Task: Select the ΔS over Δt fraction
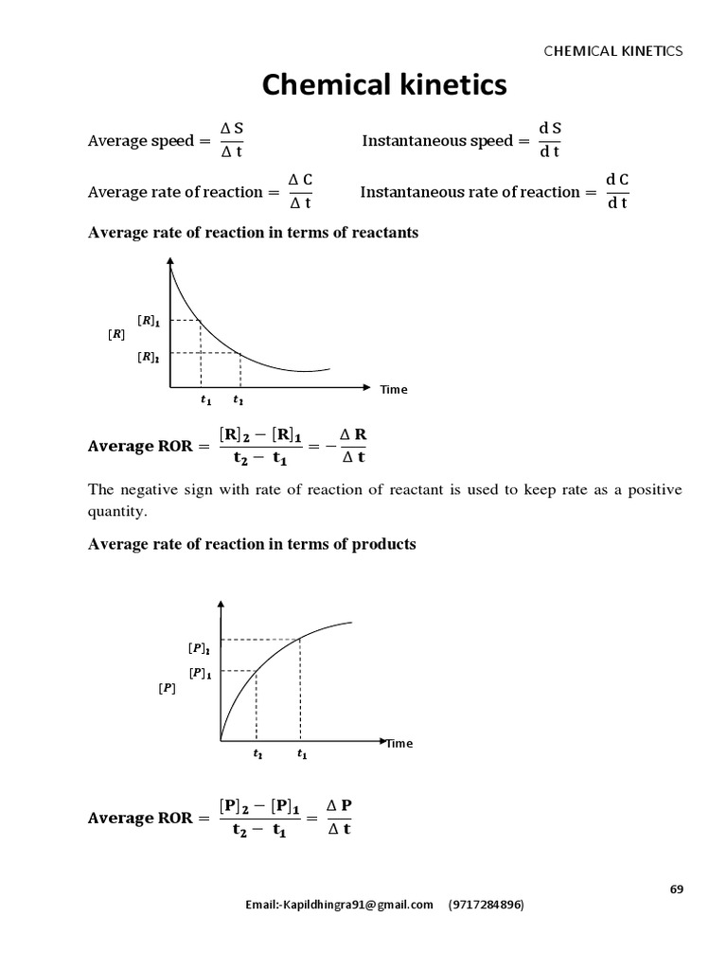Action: click(x=232, y=140)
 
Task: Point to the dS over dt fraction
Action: click(x=549, y=140)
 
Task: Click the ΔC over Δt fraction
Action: click(x=300, y=191)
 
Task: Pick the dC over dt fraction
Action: click(x=617, y=191)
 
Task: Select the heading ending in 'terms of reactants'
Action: click(x=253, y=233)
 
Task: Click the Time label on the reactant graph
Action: click(x=394, y=390)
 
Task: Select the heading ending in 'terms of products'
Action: click(x=252, y=544)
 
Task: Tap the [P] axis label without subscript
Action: click(x=167, y=689)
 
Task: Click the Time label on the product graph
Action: click(x=399, y=744)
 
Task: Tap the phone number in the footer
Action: click(x=486, y=905)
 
